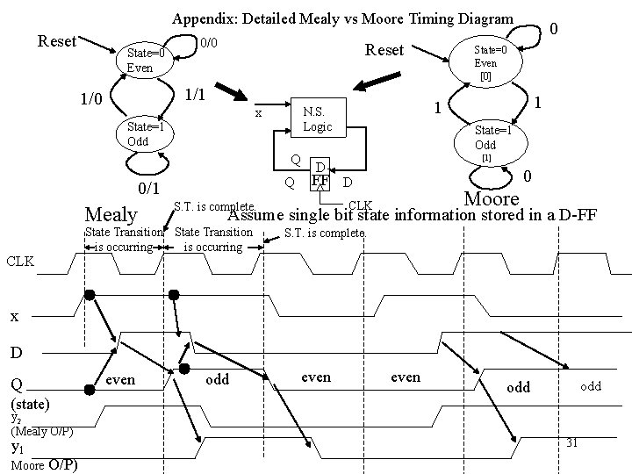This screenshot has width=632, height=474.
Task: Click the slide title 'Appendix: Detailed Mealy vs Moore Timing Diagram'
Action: (342, 18)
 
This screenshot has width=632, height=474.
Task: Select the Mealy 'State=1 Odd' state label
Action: (140, 134)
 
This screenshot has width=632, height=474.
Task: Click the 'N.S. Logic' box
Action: (317, 119)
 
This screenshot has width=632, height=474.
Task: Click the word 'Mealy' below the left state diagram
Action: (111, 214)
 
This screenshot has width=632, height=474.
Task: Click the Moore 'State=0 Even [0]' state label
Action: (485, 63)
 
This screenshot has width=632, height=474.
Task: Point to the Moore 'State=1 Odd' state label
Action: (485, 137)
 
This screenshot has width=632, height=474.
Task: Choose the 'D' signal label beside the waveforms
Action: (16, 353)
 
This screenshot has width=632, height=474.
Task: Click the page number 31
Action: (571, 442)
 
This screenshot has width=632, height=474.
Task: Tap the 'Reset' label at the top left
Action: (57, 41)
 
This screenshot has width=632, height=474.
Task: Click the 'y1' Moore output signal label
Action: (17, 448)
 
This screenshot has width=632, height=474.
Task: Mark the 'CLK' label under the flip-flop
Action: (361, 205)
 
